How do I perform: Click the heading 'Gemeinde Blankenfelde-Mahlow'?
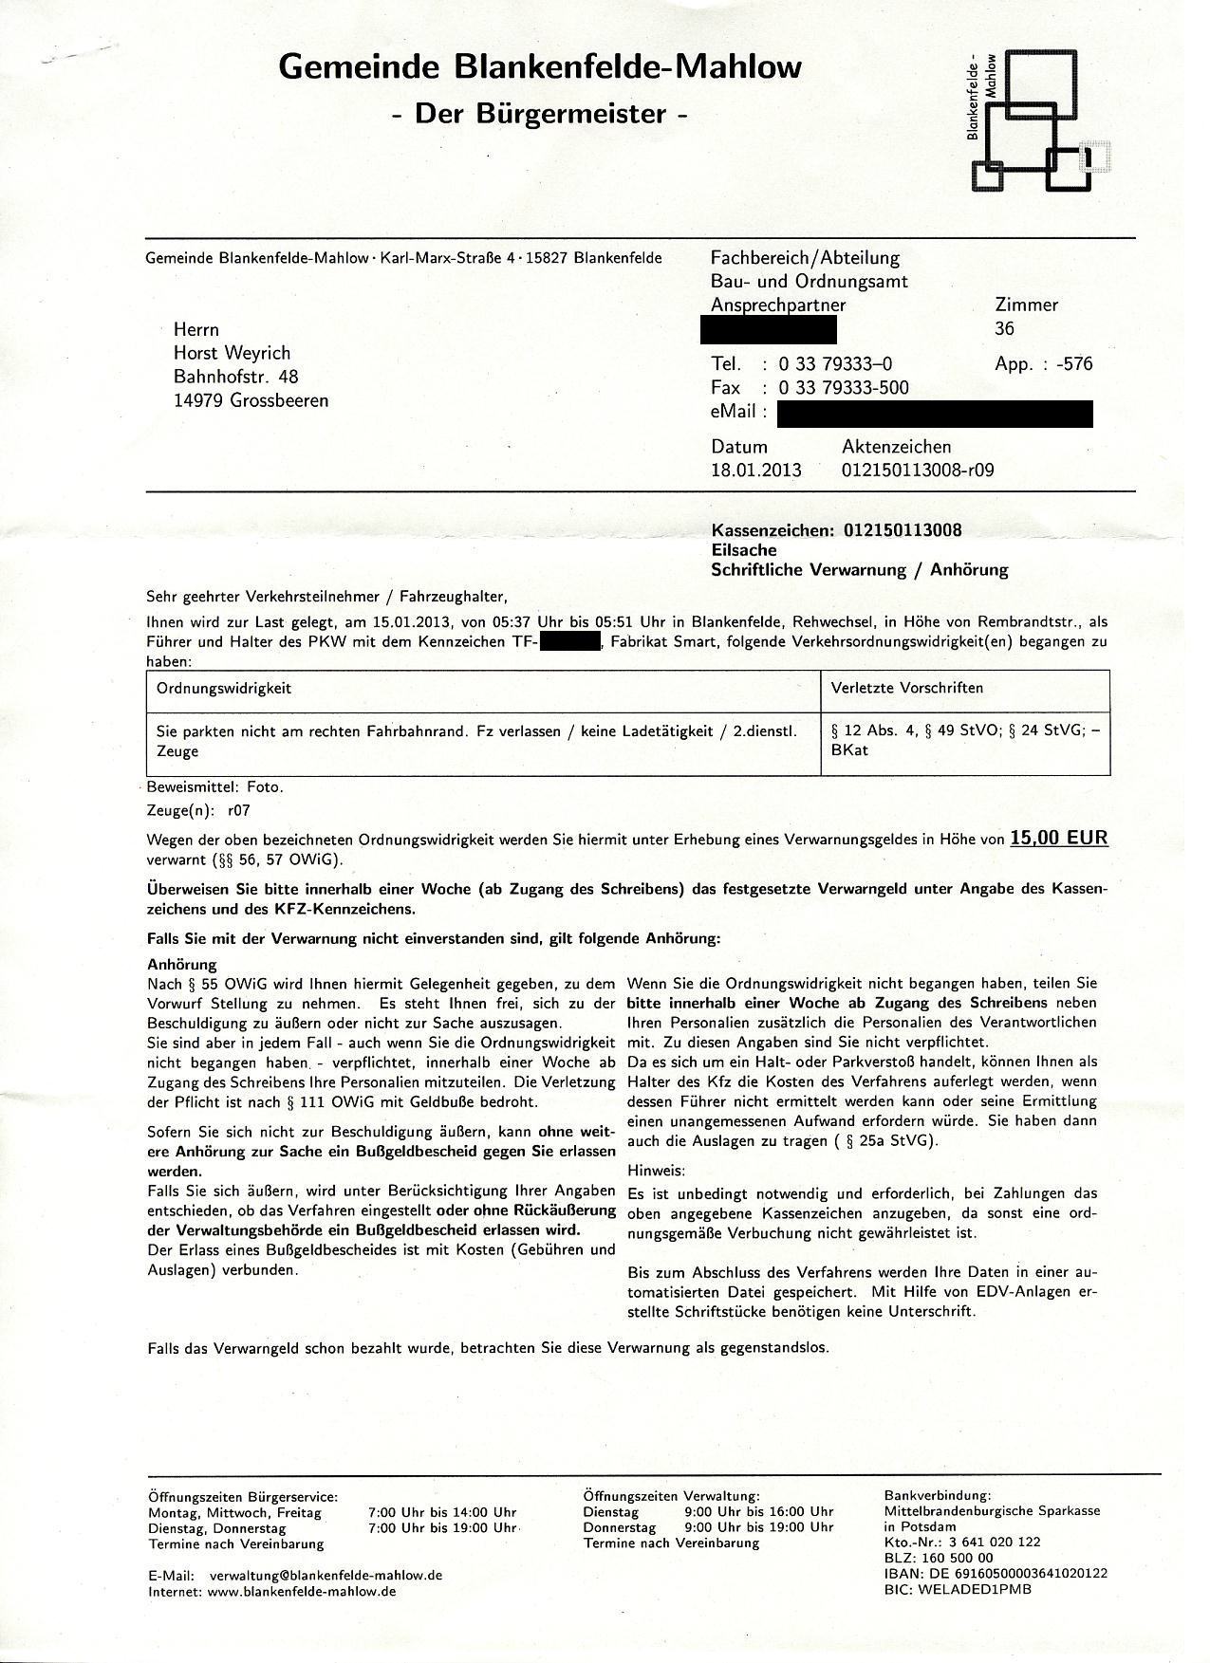tap(540, 67)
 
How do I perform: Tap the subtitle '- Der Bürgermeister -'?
tap(540, 115)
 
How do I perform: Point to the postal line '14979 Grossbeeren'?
tap(251, 400)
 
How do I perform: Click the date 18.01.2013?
tap(756, 470)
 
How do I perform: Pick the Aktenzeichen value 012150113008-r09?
tap(918, 470)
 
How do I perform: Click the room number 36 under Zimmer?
tap(1004, 328)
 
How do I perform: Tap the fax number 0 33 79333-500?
tap(843, 387)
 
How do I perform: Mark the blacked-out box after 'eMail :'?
tap(934, 414)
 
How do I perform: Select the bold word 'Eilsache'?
tap(744, 550)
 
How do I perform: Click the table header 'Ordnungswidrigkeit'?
tap(224, 688)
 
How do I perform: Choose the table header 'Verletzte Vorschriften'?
tap(906, 688)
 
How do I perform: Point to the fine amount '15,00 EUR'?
tap(1058, 838)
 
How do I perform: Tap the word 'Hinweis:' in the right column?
tap(656, 1172)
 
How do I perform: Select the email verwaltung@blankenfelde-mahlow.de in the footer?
tap(326, 1575)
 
